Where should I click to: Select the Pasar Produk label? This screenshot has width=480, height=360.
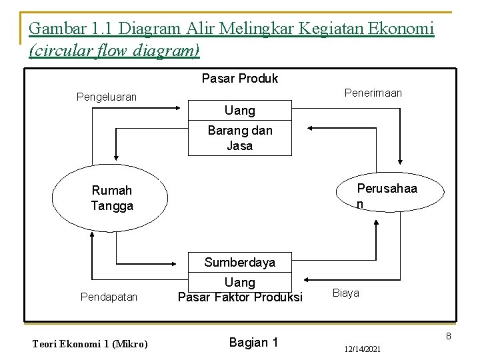[239, 79]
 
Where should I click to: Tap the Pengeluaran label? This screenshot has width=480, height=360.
[107, 97]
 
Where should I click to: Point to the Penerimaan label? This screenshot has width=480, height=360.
[373, 93]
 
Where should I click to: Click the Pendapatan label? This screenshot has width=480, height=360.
[109, 296]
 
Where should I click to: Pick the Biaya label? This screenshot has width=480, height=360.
[345, 293]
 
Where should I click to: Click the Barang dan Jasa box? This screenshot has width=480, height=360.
[240, 138]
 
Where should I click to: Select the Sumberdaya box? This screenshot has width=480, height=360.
[240, 262]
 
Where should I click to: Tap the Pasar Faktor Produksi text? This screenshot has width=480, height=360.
[240, 297]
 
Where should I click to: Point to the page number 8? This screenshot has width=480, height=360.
[449, 336]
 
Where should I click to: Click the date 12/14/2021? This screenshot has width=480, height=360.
[363, 349]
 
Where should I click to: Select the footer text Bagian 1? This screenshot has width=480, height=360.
[253, 343]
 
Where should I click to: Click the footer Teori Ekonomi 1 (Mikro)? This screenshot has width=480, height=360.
[90, 344]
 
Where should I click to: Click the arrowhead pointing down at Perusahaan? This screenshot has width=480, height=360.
[399, 159]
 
